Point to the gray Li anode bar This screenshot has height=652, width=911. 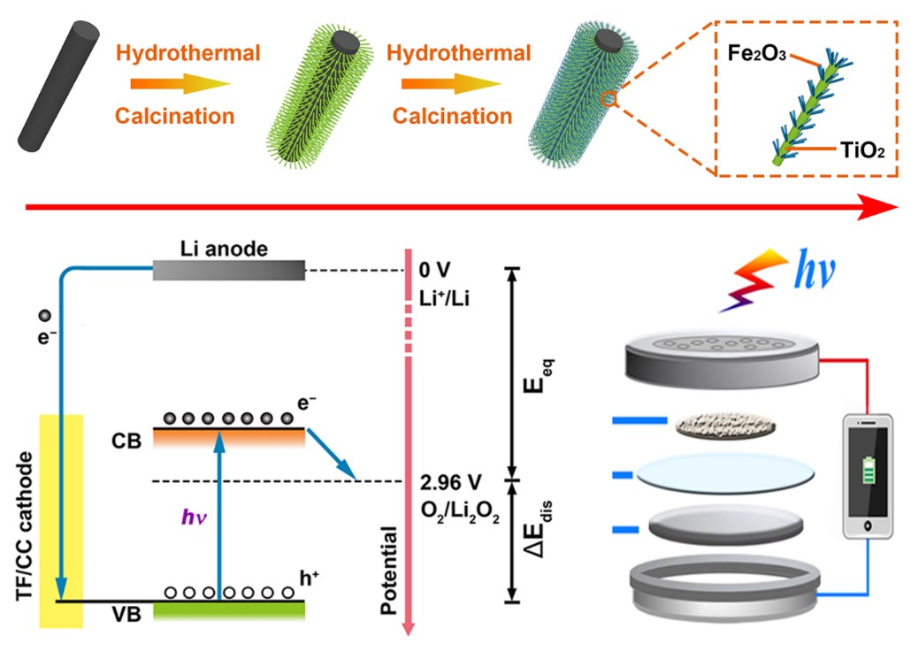pyautogui.click(x=228, y=270)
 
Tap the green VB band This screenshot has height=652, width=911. pyautogui.click(x=228, y=610)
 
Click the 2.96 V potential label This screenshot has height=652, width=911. pyautogui.click(x=451, y=483)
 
